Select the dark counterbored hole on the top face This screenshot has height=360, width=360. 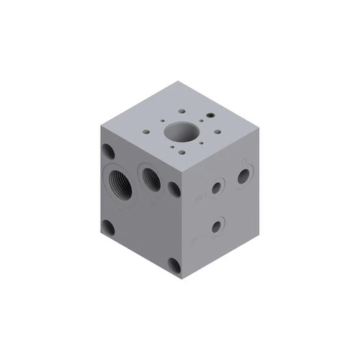(x=210, y=114)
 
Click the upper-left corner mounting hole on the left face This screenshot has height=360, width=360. (x=108, y=152)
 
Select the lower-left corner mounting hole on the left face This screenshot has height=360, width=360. (x=108, y=228)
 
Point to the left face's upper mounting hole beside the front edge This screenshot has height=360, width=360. (x=174, y=190)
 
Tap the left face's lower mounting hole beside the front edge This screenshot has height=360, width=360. (x=174, y=265)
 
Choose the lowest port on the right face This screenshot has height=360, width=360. (x=216, y=227)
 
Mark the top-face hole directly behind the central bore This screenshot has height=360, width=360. (x=179, y=112)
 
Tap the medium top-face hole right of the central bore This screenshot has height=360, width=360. (x=214, y=132)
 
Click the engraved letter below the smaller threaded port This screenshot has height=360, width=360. (x=153, y=203)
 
